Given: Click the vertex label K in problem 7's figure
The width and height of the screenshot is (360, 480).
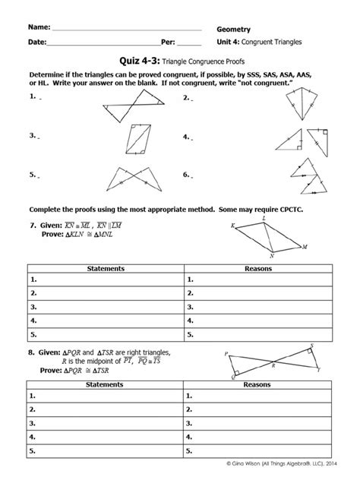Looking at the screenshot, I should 232,225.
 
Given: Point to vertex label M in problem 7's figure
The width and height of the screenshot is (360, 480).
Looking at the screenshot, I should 305,247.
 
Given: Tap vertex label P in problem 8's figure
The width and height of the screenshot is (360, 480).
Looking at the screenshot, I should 226,354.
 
